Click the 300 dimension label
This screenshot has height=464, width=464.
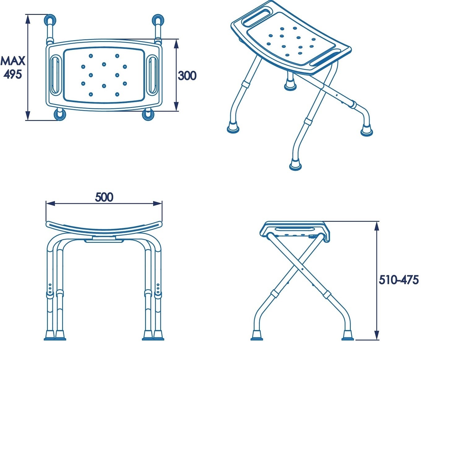(x=187, y=75)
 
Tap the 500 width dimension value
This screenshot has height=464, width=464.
(x=104, y=197)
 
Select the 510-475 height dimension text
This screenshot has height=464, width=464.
(x=399, y=280)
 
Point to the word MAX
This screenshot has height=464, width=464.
(x=13, y=61)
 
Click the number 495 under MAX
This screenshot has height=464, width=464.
(x=13, y=74)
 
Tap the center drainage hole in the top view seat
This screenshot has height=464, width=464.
(x=104, y=64)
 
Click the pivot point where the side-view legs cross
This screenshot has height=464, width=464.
(x=302, y=269)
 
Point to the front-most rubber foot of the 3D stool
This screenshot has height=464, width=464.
(x=296, y=165)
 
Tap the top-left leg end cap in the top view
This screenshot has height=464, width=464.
(x=49, y=20)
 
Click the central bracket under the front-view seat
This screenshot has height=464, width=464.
(x=104, y=239)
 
